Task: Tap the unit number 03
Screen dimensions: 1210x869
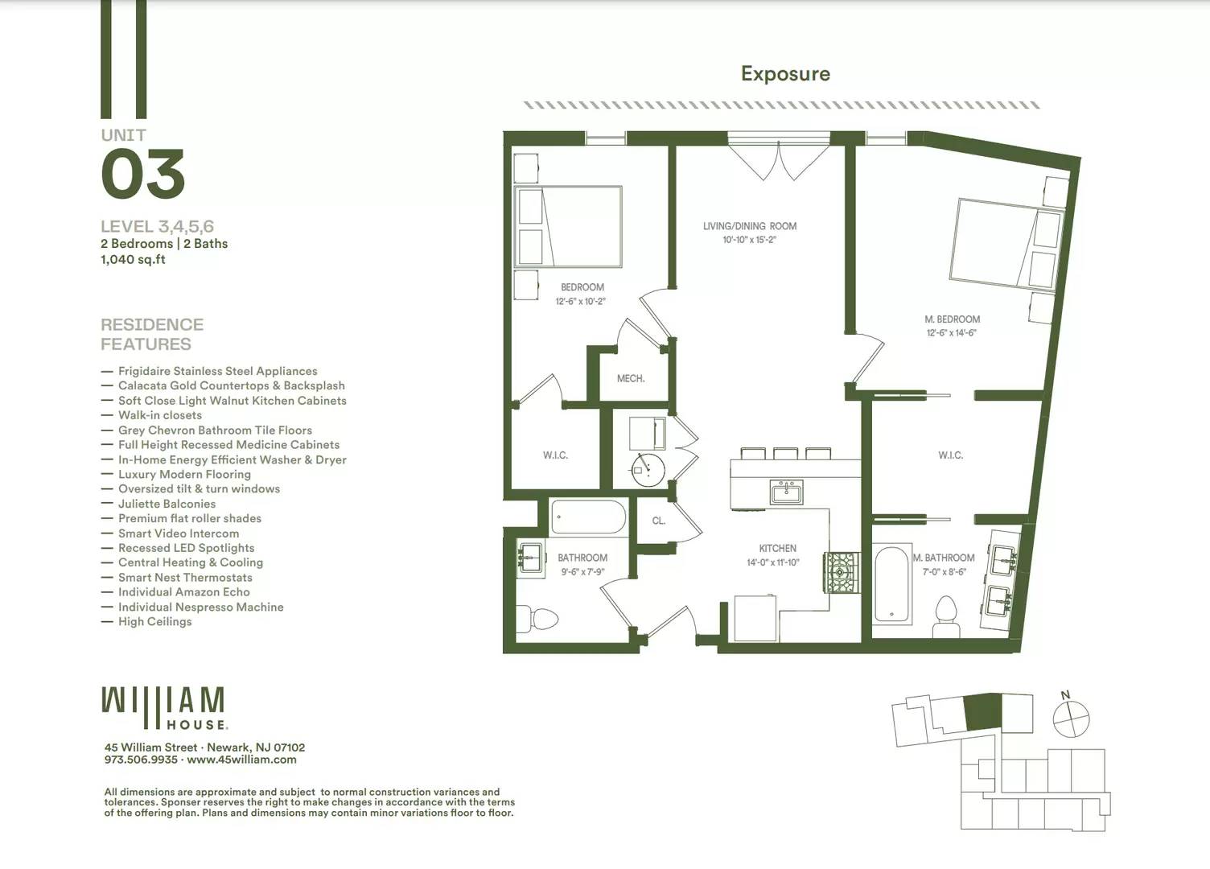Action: (143, 174)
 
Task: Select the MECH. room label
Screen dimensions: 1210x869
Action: (631, 379)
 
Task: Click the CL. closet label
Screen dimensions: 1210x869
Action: (658, 521)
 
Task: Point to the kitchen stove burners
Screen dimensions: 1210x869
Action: (841, 572)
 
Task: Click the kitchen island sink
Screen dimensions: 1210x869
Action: (786, 492)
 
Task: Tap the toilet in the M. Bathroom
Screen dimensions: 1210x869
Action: (946, 617)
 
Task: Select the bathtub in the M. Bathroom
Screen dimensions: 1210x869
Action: (892, 584)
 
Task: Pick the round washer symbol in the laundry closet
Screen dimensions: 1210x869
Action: (648, 470)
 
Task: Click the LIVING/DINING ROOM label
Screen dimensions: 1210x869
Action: (750, 226)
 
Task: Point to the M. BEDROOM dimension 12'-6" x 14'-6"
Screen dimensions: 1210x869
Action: (952, 333)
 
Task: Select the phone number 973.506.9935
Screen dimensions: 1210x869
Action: (141, 760)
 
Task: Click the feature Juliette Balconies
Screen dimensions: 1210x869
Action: (167, 504)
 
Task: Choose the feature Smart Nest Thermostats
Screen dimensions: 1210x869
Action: (185, 578)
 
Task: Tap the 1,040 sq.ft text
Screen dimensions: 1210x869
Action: (133, 259)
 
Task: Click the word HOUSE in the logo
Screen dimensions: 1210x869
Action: (196, 725)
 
